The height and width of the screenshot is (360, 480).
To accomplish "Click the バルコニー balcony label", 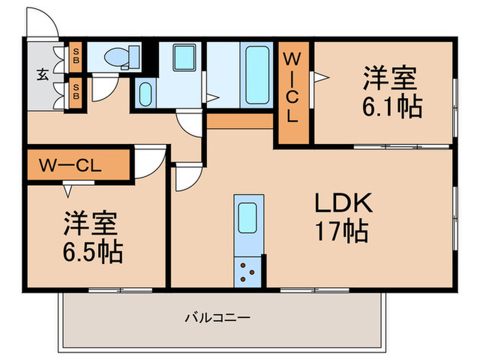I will pyautogui.click(x=217, y=318).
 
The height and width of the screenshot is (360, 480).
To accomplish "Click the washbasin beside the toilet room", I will pyautogui.click(x=145, y=93).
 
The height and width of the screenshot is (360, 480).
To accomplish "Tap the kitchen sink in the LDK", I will pyautogui.click(x=248, y=219).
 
